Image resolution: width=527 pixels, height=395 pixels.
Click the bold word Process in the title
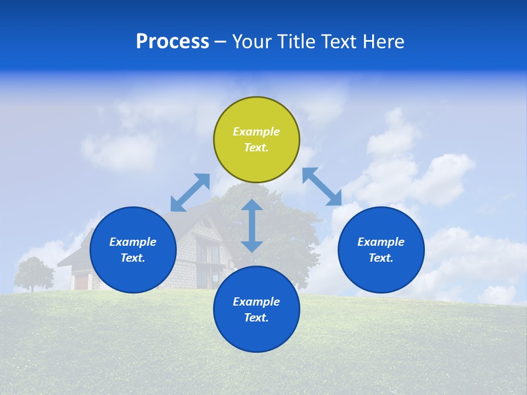click(172, 42)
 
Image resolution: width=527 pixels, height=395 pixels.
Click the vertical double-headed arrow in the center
click(252, 225)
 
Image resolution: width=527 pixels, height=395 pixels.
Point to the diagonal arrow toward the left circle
click(190, 193)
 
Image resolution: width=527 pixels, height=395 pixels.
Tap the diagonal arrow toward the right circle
click(322, 187)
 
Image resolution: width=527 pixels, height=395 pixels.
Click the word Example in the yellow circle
click(256, 132)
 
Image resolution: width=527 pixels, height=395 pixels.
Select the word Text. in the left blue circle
click(133, 258)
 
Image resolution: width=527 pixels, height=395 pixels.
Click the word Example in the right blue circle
click(381, 242)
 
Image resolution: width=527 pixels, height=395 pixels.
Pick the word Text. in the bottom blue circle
click(256, 318)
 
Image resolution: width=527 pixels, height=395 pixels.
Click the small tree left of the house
click(34, 273)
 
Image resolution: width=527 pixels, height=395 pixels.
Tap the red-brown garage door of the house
click(81, 281)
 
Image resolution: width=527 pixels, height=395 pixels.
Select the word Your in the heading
click(250, 42)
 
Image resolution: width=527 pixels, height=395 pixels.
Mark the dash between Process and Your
click(220, 42)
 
